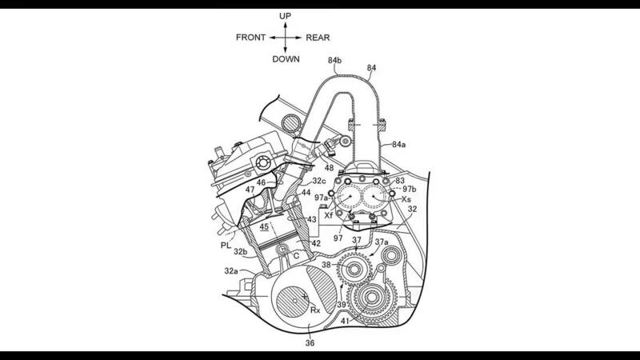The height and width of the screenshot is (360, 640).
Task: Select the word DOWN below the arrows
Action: (286, 58)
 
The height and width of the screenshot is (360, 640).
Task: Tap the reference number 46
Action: (260, 183)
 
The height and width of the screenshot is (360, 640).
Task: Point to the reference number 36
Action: (310, 343)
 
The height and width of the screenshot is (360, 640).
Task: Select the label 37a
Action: (381, 242)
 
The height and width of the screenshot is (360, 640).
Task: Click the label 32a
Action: (230, 271)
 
